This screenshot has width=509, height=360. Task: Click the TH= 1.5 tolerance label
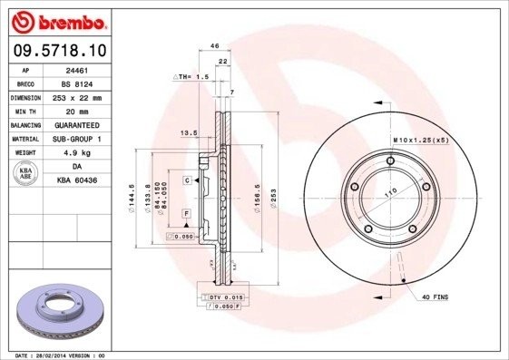click(x=191, y=78)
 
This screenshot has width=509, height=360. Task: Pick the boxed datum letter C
click(x=186, y=181)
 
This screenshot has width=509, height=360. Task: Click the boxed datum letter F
click(x=186, y=213)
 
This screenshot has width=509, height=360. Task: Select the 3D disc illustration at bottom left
click(x=62, y=312)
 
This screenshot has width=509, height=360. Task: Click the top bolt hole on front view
click(x=391, y=162)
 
